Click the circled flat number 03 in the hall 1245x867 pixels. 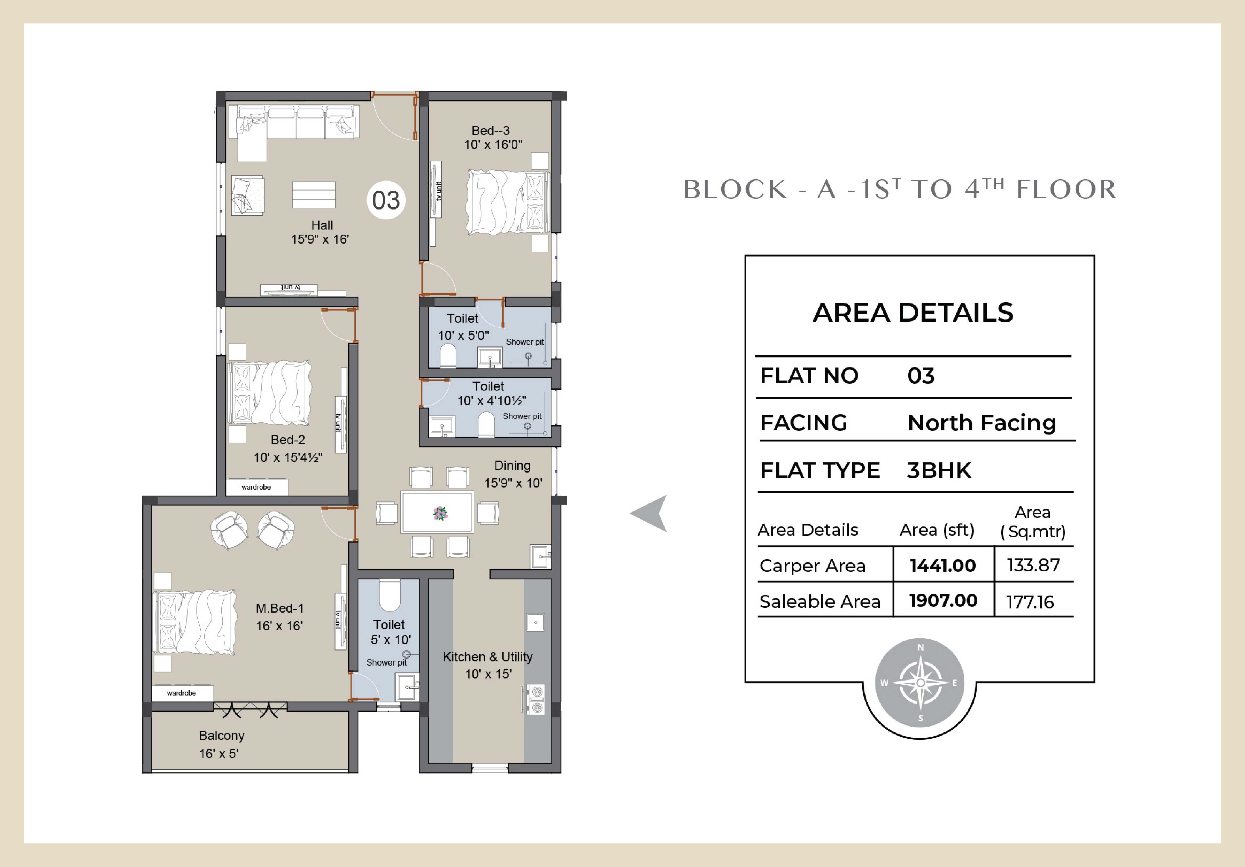[386, 200]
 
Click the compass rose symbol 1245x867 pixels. [920, 683]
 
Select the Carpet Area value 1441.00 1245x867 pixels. [943, 566]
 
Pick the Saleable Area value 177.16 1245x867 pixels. [1030, 602]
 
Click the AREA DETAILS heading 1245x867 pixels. [913, 313]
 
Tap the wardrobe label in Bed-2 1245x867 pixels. [256, 487]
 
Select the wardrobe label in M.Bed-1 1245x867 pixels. [181, 693]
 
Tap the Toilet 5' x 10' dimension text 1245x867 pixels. [390, 640]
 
